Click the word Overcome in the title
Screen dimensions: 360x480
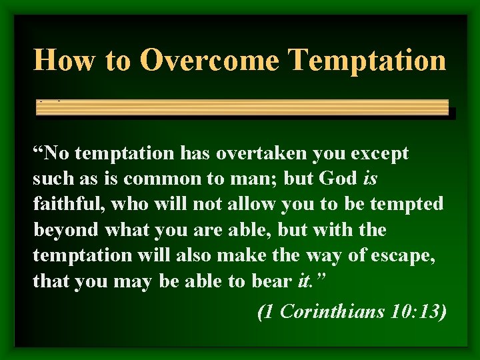(x=209, y=59)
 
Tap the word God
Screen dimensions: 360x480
(x=339, y=179)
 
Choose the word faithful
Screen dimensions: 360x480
(x=66, y=205)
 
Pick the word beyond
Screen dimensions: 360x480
(x=65, y=230)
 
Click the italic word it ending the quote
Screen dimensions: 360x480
(x=303, y=281)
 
